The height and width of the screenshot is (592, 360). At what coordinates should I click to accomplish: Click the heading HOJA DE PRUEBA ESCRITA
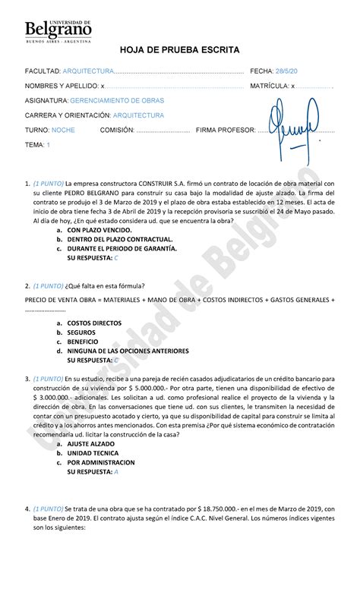[180, 49]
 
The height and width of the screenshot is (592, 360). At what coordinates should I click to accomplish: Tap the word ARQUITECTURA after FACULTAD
[88, 71]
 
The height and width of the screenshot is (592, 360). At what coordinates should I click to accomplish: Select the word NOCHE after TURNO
[64, 130]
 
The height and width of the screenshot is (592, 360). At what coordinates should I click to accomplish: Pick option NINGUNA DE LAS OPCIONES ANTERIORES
[127, 351]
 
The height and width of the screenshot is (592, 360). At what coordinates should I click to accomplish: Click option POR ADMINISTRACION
[101, 462]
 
